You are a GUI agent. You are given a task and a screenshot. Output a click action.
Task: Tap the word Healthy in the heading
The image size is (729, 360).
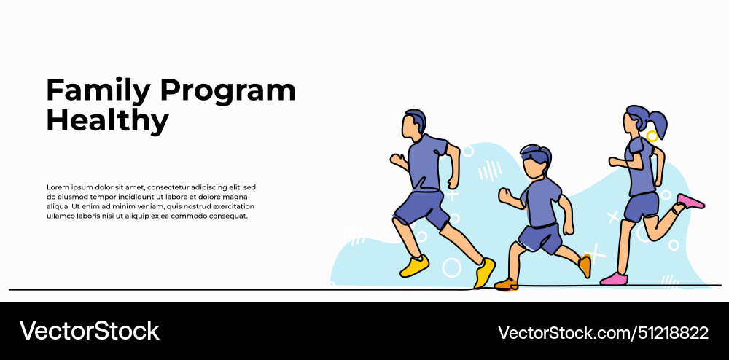click(x=107, y=120)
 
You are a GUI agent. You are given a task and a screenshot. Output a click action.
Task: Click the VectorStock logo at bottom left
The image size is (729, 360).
click(x=89, y=331)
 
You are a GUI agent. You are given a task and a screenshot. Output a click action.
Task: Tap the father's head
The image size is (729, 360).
click(x=414, y=125)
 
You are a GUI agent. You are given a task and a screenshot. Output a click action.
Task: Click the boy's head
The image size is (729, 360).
click(x=536, y=162)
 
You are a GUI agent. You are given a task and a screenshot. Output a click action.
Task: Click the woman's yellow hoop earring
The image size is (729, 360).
click(x=652, y=136)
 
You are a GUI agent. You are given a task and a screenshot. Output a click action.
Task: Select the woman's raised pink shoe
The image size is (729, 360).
click(x=690, y=201)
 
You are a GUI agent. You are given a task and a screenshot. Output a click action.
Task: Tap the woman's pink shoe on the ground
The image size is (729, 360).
click(x=613, y=278)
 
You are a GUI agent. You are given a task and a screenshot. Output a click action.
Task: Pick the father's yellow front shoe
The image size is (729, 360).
click(x=484, y=273)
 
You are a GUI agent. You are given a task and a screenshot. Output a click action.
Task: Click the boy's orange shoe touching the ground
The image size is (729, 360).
click(x=505, y=283)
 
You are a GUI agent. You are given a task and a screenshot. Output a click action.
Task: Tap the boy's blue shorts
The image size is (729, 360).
click(x=540, y=237)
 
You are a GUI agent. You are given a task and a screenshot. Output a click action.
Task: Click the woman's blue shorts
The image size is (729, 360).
click(x=642, y=206)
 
